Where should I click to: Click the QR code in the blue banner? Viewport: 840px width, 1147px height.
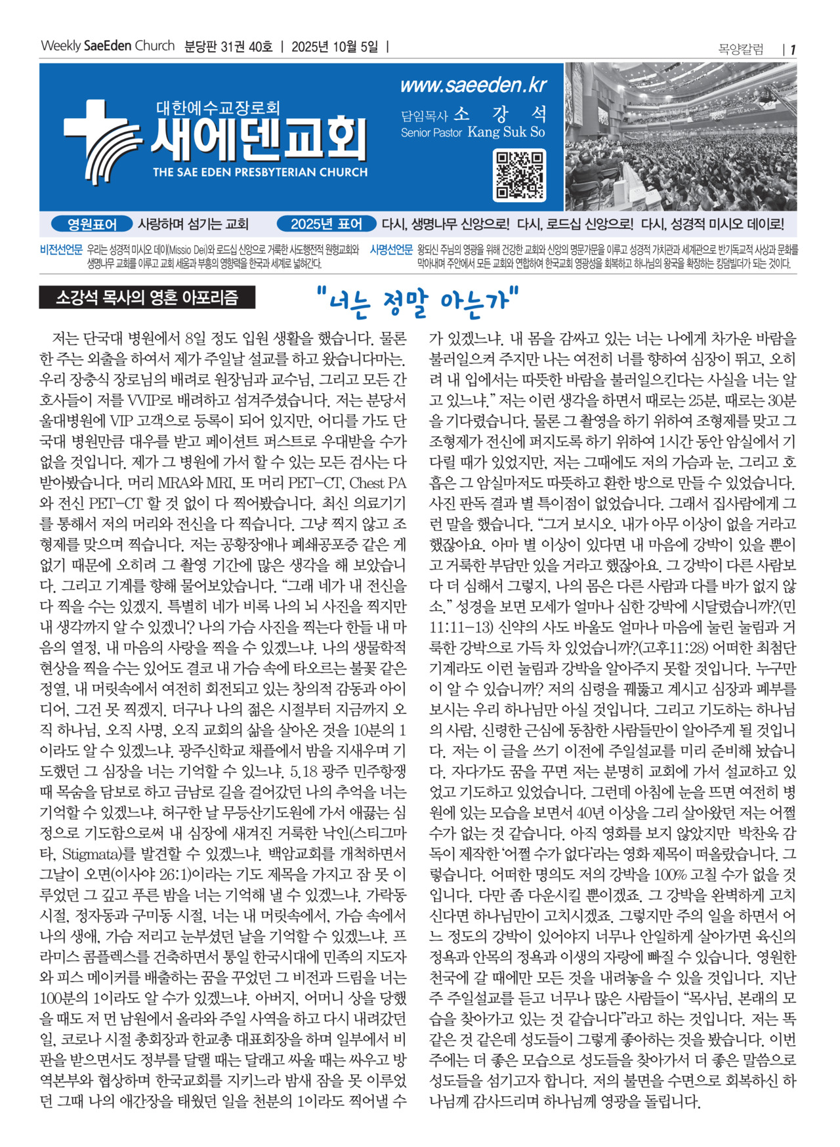click(519, 175)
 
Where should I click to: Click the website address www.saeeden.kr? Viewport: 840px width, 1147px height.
click(473, 85)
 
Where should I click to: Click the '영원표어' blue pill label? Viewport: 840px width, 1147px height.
click(92, 224)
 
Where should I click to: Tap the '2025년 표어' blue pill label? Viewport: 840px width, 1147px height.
click(326, 224)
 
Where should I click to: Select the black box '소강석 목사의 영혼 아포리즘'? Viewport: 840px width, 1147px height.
click(147, 298)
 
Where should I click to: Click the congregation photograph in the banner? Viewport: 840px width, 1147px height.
click(681, 136)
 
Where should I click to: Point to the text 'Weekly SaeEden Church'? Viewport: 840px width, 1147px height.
click(108, 47)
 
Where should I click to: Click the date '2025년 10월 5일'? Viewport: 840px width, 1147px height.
click(335, 47)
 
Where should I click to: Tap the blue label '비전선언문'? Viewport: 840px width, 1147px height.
click(61, 250)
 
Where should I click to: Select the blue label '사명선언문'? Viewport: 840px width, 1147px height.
click(391, 250)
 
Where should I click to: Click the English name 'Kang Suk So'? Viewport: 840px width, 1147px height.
click(506, 132)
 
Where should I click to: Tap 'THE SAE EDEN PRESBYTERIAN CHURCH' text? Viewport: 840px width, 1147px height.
click(260, 173)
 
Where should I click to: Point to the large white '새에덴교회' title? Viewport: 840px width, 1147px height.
click(258, 139)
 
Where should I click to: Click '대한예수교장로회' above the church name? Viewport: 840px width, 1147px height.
click(218, 107)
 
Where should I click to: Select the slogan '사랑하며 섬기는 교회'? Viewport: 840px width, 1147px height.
click(193, 224)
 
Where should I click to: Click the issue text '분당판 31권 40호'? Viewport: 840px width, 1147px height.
click(228, 47)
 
